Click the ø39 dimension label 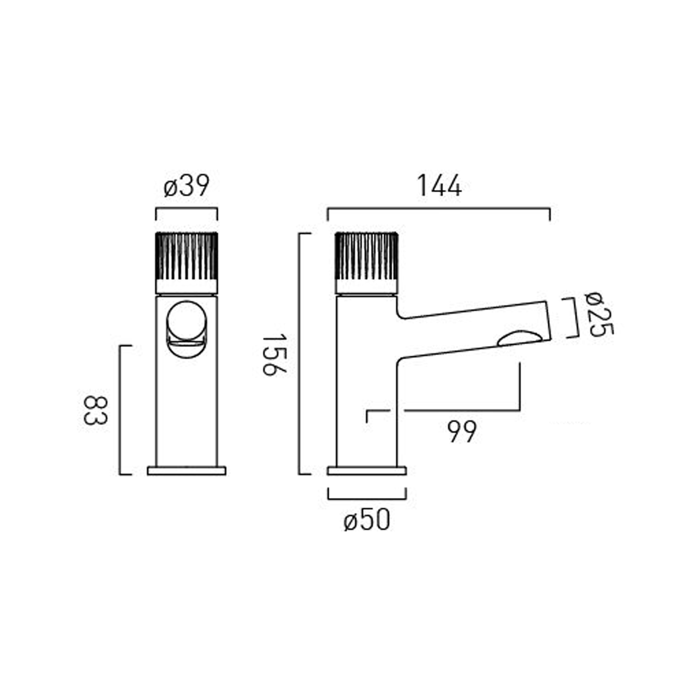click(x=186, y=186)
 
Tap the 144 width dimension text click(x=439, y=186)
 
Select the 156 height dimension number click(x=275, y=354)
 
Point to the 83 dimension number click(x=95, y=410)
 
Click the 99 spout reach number click(x=462, y=431)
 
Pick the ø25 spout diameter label click(x=600, y=314)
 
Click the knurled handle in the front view click(x=186, y=257)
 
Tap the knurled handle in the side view click(x=366, y=257)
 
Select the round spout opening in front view click(x=186, y=321)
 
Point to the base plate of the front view click(x=186, y=471)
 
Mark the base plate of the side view click(x=366, y=471)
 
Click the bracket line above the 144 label click(x=439, y=209)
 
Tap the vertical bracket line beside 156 click(x=299, y=354)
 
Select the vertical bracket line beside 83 click(x=120, y=410)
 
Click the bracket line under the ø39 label click(x=186, y=209)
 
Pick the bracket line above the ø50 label click(x=366, y=498)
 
